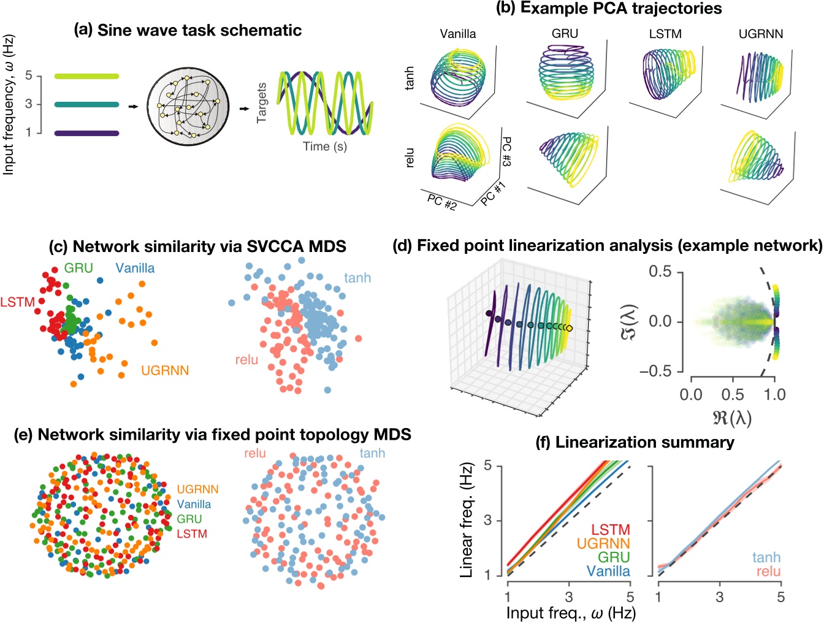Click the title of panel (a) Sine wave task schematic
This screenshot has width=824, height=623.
188,31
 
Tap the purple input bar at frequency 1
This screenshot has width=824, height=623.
86,133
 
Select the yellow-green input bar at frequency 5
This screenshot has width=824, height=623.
86,77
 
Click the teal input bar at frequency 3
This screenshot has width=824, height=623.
86,105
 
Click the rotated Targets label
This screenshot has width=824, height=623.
262,103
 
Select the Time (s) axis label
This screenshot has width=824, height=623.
324,147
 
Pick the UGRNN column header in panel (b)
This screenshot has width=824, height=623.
760,34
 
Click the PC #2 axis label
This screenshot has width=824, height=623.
442,202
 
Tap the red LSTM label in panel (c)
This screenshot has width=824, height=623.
17,302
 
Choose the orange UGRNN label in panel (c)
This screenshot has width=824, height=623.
165,370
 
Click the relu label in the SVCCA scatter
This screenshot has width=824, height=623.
246,360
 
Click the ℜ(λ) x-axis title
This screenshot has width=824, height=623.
733,419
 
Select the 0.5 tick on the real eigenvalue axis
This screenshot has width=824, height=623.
733,394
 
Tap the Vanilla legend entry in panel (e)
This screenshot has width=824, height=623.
194,505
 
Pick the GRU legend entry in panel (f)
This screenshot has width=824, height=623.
613,557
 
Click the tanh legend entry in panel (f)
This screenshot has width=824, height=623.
766,557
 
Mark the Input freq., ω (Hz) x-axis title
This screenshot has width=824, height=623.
570,613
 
